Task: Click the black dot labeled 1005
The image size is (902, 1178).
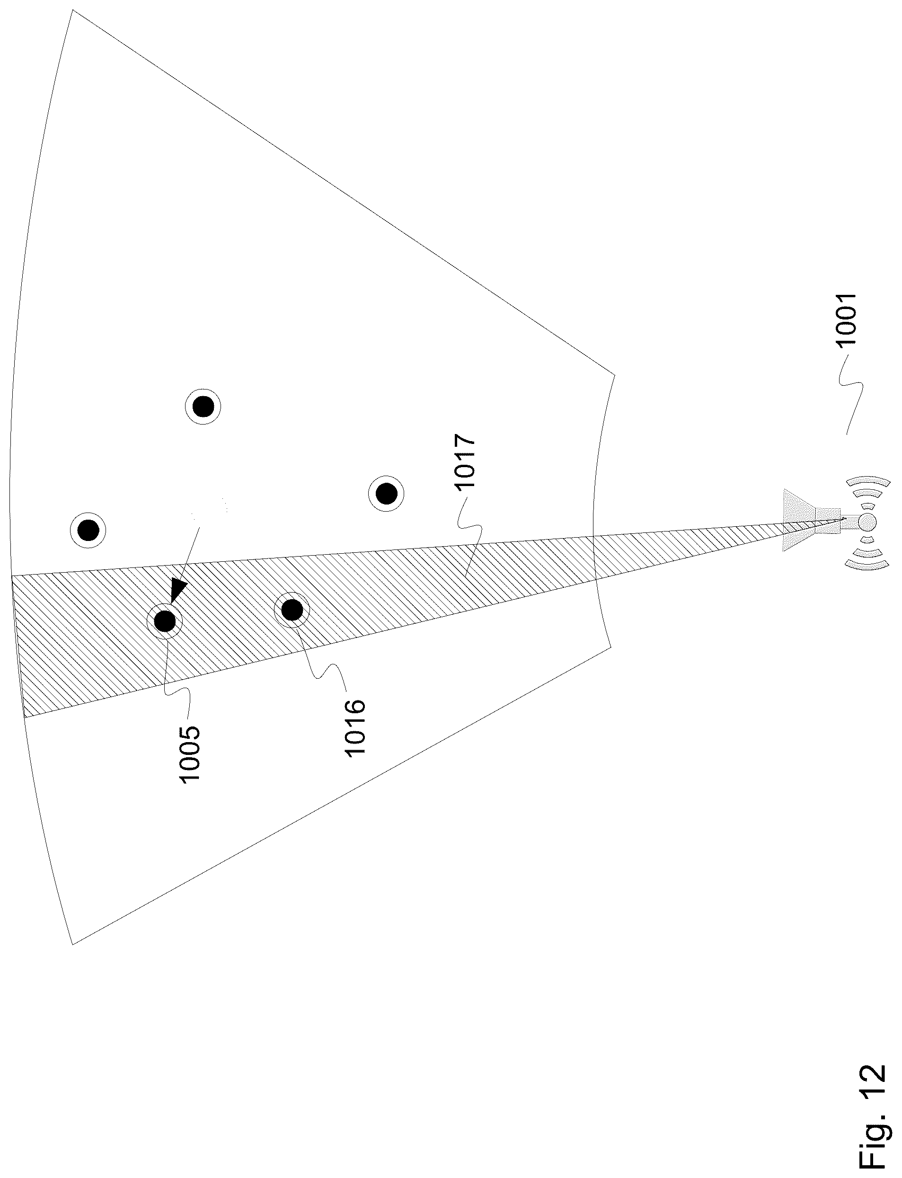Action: [x=165, y=621]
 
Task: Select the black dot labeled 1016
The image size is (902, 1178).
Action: [x=292, y=610]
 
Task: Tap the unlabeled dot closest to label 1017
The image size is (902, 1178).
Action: [x=386, y=492]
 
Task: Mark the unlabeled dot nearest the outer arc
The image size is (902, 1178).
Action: [x=88, y=531]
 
